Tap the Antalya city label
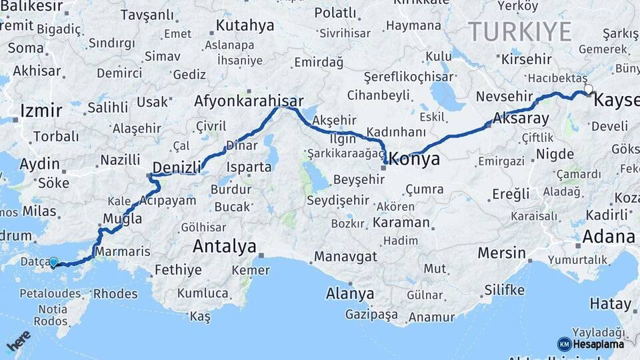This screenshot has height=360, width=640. point(224,247)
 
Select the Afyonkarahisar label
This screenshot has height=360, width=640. point(249,102)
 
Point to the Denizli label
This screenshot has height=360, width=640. point(177,167)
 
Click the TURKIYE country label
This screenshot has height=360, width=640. point(520,31)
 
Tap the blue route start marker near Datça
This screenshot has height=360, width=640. point(54,264)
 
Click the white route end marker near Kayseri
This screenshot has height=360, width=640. point(588,89)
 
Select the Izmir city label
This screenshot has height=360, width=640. point(41,111)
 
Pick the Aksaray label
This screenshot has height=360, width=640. point(521,119)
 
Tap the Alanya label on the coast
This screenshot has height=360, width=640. point(350,293)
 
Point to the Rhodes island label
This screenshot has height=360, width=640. point(115,293)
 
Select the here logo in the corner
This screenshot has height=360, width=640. point(18,341)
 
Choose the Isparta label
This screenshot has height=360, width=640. point(249,167)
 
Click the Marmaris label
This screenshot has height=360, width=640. point(119,252)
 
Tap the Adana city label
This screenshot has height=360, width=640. point(608,237)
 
